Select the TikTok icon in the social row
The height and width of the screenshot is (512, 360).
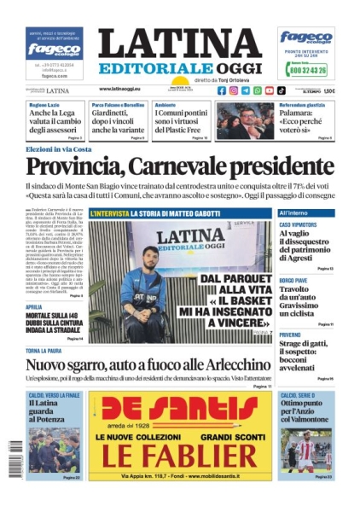click(282, 90)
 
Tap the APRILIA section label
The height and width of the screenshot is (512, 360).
click(35, 305)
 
